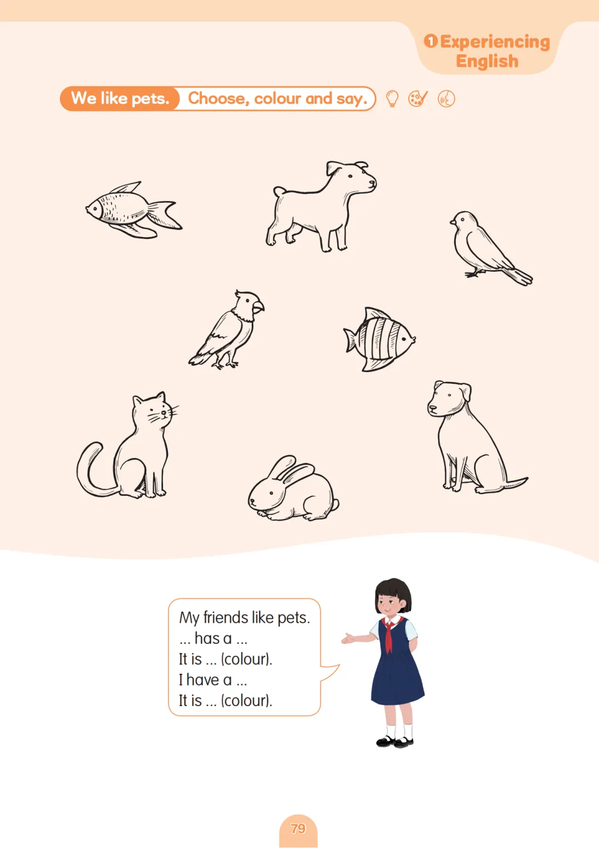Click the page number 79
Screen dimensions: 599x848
tap(298, 829)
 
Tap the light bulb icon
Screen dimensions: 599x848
tap(392, 99)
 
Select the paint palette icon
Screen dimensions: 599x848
tap(418, 99)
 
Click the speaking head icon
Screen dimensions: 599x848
tap(446, 99)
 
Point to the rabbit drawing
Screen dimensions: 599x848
tap(293, 489)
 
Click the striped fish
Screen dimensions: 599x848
tap(379, 339)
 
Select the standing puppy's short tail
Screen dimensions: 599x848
tap(280, 191)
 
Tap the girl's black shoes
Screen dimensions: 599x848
tap(395, 742)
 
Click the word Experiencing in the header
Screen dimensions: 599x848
tap(495, 42)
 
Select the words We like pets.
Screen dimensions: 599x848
tap(120, 98)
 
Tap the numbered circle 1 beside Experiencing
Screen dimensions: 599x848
tap(430, 40)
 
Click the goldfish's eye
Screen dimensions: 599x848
tap(94, 207)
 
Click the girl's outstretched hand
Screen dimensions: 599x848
tap(348, 639)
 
